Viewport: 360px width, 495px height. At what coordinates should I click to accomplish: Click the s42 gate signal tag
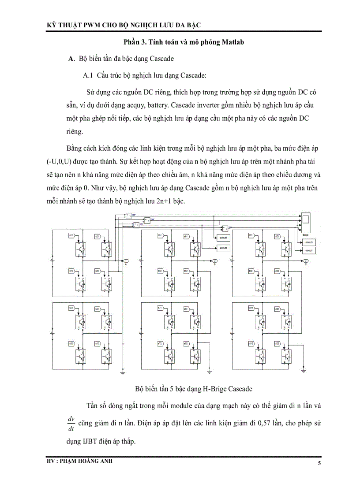point(97,343)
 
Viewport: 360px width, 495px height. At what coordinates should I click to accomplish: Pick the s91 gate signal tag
point(251,236)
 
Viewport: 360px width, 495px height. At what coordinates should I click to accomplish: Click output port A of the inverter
point(126,261)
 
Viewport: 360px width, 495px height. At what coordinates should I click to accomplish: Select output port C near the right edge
point(306,261)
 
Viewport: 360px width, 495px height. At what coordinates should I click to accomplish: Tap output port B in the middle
point(215,261)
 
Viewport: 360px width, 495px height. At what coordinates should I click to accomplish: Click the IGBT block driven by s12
point(82,283)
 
